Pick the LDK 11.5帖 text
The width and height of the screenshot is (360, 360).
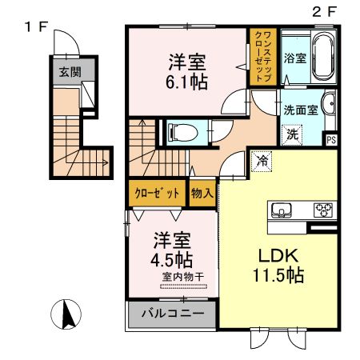[274, 267]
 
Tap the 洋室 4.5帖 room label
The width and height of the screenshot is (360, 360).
[170, 249]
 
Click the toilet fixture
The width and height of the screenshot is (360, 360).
[178, 130]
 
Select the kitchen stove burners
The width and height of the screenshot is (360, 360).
[323, 211]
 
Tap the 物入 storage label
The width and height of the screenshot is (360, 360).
[202, 193]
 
